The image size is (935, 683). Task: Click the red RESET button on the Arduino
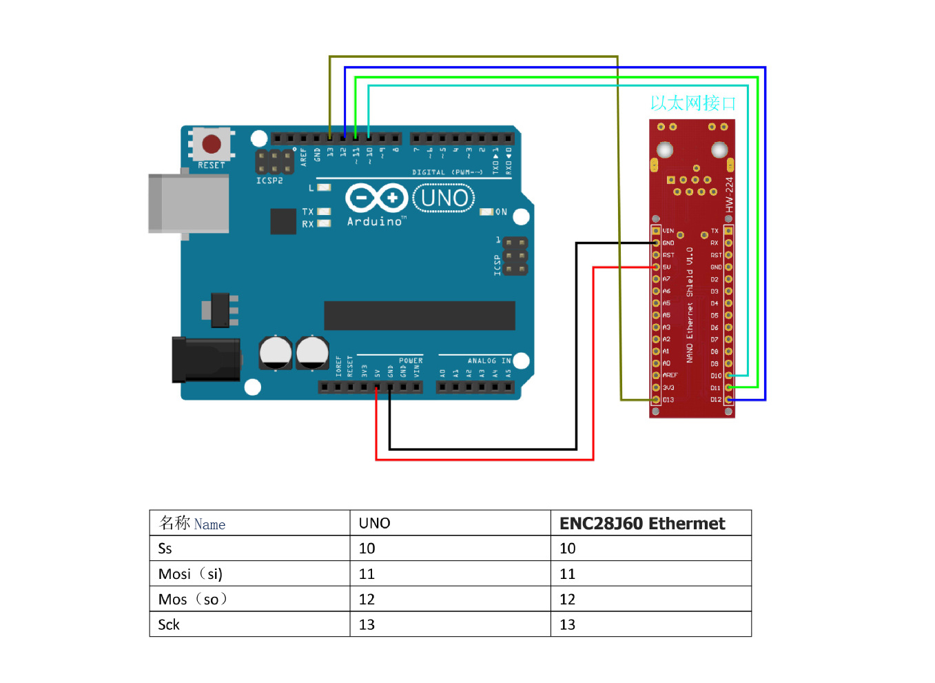[212, 144]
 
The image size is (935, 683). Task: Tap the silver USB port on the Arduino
[189, 203]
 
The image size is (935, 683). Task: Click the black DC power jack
[205, 359]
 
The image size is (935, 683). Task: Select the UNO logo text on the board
[444, 198]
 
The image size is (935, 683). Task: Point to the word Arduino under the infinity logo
[375, 221]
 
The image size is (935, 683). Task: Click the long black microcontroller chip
[420, 316]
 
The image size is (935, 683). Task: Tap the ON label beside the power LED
[502, 212]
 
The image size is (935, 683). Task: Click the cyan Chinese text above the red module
[692, 103]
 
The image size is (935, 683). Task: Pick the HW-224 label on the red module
[729, 195]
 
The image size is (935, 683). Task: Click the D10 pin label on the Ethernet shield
[716, 376]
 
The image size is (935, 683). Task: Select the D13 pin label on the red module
[668, 400]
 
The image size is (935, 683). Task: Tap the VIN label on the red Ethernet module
[668, 231]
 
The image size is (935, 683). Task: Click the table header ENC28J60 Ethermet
[642, 524]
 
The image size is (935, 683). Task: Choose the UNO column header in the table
[374, 524]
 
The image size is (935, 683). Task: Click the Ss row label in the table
[165, 549]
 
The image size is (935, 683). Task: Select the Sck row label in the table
[169, 624]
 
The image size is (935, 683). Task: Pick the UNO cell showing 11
[367, 574]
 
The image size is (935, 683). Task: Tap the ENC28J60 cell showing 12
[567, 600]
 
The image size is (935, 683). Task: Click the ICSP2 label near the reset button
[269, 181]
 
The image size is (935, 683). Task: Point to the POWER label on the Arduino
[411, 360]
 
